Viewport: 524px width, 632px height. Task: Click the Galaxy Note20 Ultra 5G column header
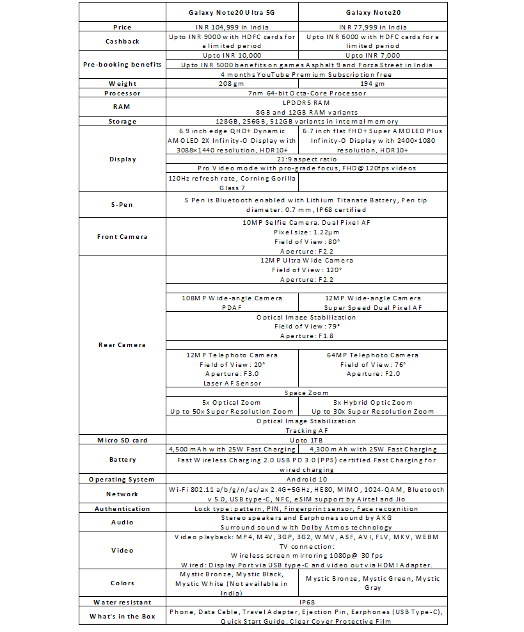pyautogui.click(x=232, y=13)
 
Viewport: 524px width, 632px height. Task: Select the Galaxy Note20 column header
pyautogui.click(x=372, y=13)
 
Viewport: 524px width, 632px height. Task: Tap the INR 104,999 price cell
pyautogui.click(x=232, y=27)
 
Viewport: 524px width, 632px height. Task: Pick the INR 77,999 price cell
pyautogui.click(x=372, y=27)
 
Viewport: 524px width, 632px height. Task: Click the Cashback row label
pyautogui.click(x=122, y=42)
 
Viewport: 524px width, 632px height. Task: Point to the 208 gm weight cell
pyautogui.click(x=232, y=83)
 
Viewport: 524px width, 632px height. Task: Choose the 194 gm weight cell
pyautogui.click(x=372, y=83)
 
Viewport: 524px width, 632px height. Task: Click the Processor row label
pyautogui.click(x=122, y=93)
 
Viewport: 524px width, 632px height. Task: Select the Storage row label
pyautogui.click(x=122, y=121)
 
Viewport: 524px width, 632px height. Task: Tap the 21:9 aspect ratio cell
pyautogui.click(x=306, y=158)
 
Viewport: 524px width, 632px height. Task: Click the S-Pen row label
pyautogui.click(x=122, y=205)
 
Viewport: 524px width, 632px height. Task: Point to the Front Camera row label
pyautogui.click(x=122, y=236)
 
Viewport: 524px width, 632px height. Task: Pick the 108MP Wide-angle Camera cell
pyautogui.click(x=232, y=302)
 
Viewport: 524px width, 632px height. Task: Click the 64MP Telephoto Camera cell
pyautogui.click(x=372, y=355)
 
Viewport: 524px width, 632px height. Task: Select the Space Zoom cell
pyautogui.click(x=306, y=393)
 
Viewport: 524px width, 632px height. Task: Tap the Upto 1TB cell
pyautogui.click(x=306, y=440)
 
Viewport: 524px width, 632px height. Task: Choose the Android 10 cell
pyautogui.click(x=306, y=479)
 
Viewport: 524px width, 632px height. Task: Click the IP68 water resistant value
pyautogui.click(x=306, y=602)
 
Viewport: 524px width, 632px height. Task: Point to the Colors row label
pyautogui.click(x=122, y=583)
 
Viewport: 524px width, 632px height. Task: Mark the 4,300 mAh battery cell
pyautogui.click(x=372, y=450)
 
